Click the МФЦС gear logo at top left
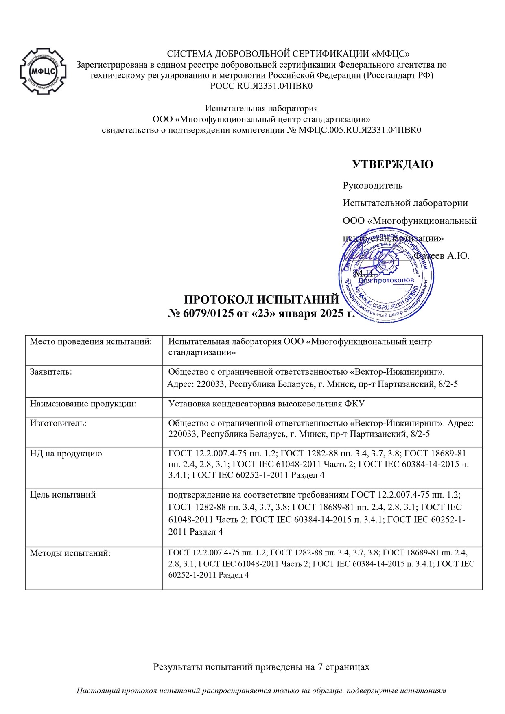[44, 72]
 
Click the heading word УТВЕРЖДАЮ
[392, 164]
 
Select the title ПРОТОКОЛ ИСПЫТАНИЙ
[261, 299]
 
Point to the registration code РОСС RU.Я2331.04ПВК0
[261, 86]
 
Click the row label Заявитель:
[51, 371]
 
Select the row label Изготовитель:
[58, 423]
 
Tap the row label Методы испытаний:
[70, 553]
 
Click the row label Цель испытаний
[63, 495]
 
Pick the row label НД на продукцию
[66, 453]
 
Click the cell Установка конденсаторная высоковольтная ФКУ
[266, 404]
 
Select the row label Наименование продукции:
[83, 404]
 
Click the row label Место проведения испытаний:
[91, 341]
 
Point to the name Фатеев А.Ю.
[442, 255]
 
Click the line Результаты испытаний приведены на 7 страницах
[261, 667]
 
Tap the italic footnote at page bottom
[261, 690]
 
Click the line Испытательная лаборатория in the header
[261, 108]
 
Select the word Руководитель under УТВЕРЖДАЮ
[372, 186]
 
